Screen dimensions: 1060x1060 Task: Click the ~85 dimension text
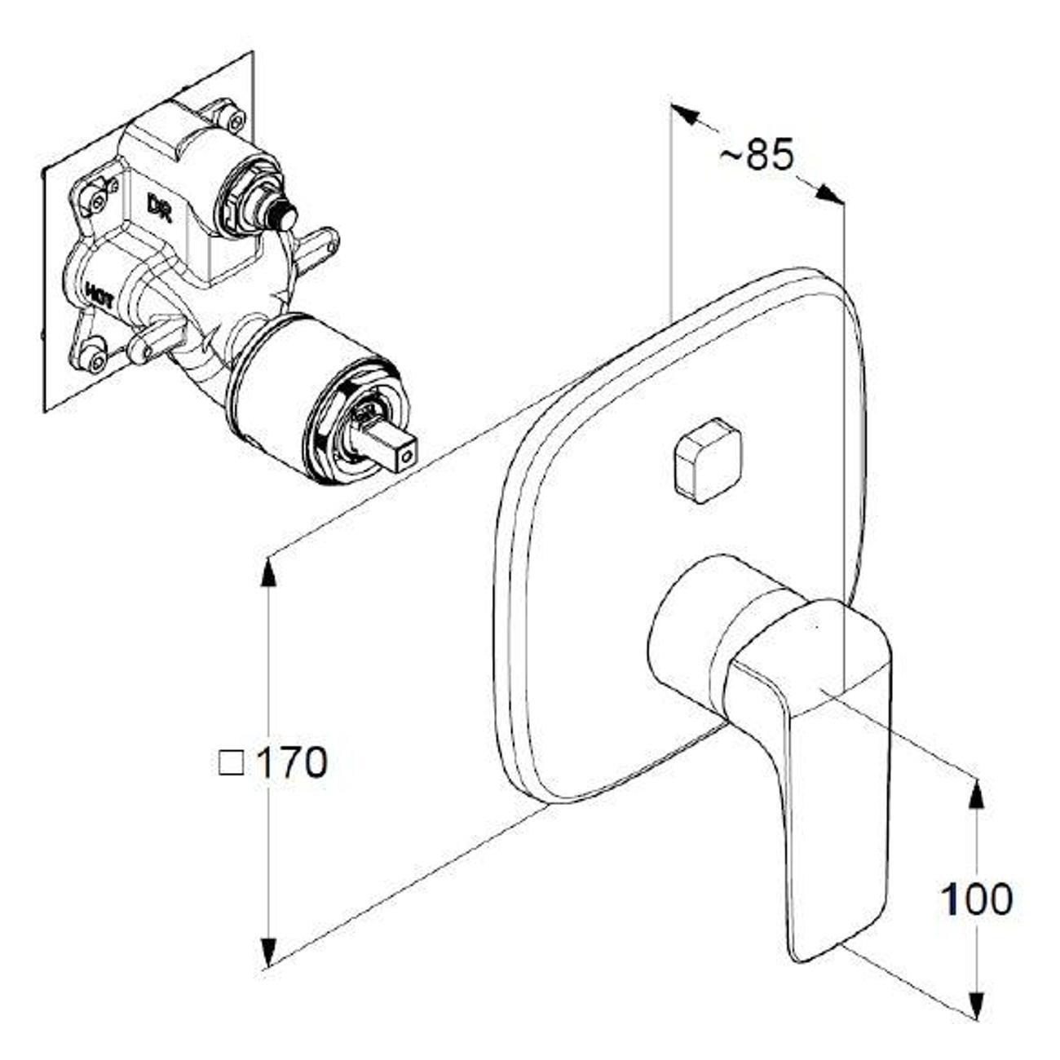point(756,154)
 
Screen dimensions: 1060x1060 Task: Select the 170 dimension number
point(292,763)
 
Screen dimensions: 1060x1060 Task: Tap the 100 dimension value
point(976,899)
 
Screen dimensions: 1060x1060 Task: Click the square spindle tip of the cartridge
point(402,453)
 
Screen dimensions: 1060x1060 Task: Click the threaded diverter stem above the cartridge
point(280,216)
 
